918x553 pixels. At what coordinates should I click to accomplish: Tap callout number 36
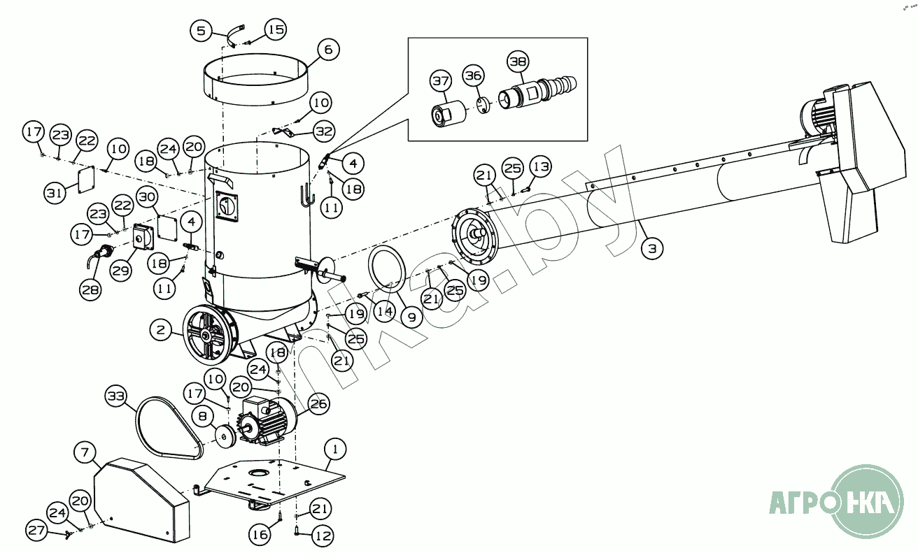474,76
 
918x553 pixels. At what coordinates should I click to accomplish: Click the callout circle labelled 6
328,50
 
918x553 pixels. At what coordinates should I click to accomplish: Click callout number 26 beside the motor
318,403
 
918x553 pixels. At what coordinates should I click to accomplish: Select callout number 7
85,453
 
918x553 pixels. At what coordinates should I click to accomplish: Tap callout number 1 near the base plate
335,447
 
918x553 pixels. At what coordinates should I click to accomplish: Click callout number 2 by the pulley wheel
161,330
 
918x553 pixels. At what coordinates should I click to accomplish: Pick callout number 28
90,289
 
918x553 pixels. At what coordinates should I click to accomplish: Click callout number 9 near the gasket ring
411,317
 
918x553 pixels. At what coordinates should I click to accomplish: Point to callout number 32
323,131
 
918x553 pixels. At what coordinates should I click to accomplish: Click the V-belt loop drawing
168,427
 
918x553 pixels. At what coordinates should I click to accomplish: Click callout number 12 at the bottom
323,536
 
